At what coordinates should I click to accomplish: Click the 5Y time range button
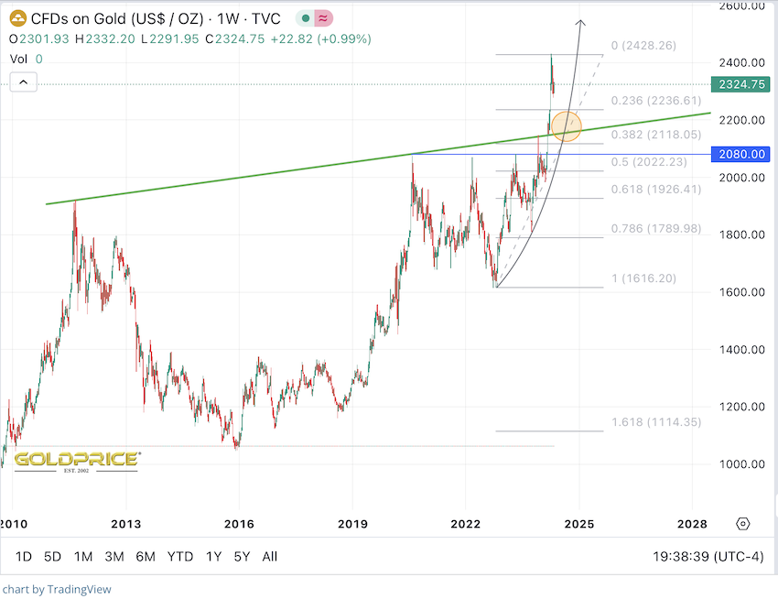(x=242, y=556)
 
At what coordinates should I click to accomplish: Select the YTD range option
(x=180, y=556)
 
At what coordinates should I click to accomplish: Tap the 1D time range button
(x=25, y=556)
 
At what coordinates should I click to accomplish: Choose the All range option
(x=270, y=556)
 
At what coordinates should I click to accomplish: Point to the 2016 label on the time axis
(x=238, y=524)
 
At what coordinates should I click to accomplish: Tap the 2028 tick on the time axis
(x=692, y=524)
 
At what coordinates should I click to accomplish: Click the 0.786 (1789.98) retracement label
(x=655, y=228)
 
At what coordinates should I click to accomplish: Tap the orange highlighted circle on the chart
(x=567, y=126)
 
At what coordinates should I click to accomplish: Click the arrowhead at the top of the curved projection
(x=579, y=22)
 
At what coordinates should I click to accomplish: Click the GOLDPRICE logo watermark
(x=76, y=459)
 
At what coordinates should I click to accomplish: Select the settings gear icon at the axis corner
(x=742, y=524)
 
